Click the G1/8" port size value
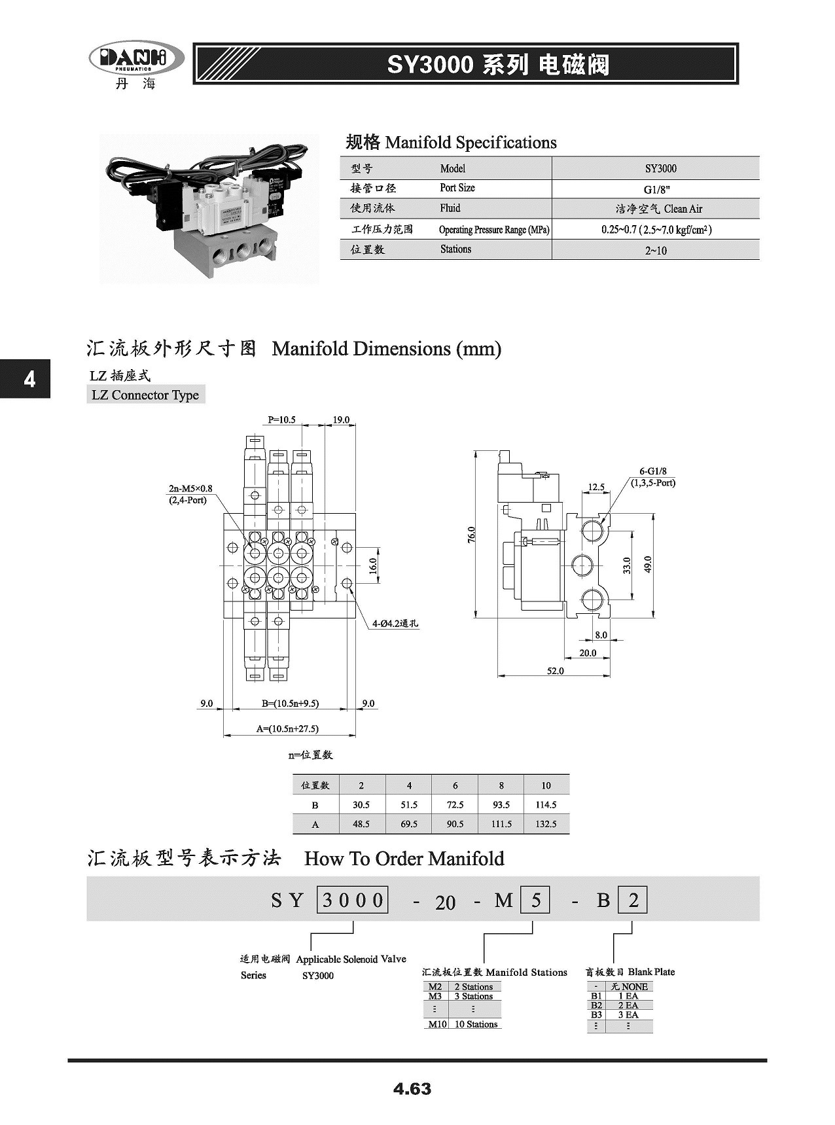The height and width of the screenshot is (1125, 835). point(656,188)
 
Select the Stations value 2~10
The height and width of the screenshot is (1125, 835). point(656,251)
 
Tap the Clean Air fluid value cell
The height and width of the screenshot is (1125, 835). point(656,209)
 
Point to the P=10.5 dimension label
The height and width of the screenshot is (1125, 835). point(282,420)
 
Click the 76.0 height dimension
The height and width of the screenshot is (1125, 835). point(472,534)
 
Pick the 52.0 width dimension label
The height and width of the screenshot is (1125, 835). point(555,671)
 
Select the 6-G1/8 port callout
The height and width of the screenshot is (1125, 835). point(652,471)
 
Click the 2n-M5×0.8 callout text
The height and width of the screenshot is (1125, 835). point(190,488)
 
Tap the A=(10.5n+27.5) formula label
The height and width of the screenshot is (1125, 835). point(288,728)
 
